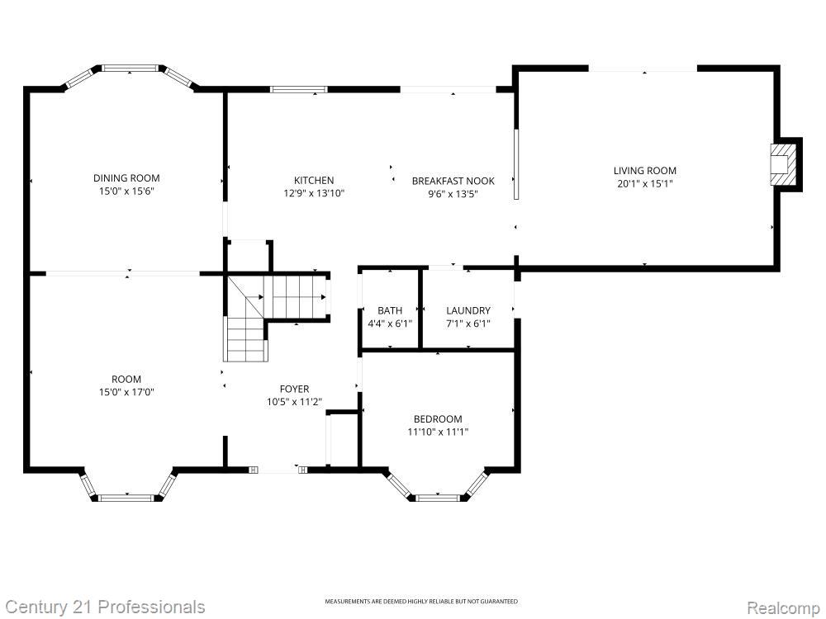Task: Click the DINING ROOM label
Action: pyautogui.click(x=126, y=178)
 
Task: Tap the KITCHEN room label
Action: pyautogui.click(x=314, y=181)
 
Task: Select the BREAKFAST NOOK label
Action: pyautogui.click(x=453, y=181)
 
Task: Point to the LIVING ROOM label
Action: pyautogui.click(x=644, y=171)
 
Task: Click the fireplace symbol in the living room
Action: pyautogui.click(x=781, y=163)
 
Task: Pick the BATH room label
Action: pyautogui.click(x=390, y=310)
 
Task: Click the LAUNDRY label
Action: pyautogui.click(x=468, y=310)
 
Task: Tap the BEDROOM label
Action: pyautogui.click(x=438, y=419)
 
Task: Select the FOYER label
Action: pyautogui.click(x=294, y=389)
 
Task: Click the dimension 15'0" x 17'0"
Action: pyautogui.click(x=126, y=392)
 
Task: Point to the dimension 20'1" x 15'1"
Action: pyautogui.click(x=644, y=184)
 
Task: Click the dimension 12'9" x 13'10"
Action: pyautogui.click(x=314, y=193)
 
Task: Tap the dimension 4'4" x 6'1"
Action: pyautogui.click(x=390, y=324)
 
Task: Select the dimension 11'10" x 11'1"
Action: pyautogui.click(x=438, y=432)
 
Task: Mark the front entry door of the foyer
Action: pyautogui.click(x=278, y=470)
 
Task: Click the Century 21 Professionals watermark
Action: pyautogui.click(x=103, y=607)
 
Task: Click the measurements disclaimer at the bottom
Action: pyautogui.click(x=421, y=602)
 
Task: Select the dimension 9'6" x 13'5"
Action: pyautogui.click(x=453, y=194)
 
